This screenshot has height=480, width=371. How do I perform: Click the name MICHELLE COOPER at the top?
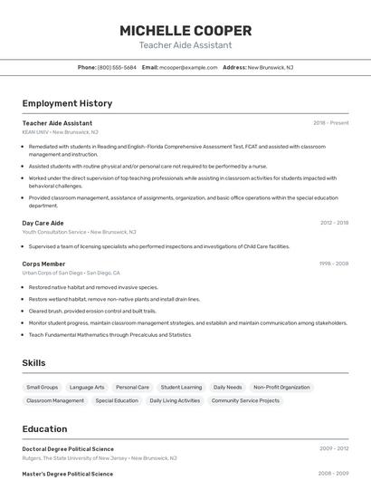[x=185, y=30]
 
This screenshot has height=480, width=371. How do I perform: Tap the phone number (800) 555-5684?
[x=117, y=67]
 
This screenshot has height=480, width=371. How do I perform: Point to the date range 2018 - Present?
[x=330, y=122]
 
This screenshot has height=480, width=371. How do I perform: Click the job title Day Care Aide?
[x=43, y=222]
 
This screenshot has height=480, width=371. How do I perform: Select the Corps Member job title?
[x=43, y=264]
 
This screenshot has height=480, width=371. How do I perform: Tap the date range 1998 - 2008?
[x=333, y=264]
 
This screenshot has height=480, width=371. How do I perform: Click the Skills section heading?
[x=34, y=363]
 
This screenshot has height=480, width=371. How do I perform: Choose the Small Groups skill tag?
[x=43, y=387]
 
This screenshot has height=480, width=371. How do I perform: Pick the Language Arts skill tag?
[x=87, y=387]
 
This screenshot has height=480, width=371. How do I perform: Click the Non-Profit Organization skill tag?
[x=281, y=387]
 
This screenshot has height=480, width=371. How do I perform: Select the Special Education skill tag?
[x=117, y=400]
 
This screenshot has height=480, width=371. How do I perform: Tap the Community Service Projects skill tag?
[x=245, y=400]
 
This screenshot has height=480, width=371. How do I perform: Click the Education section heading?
[x=44, y=429]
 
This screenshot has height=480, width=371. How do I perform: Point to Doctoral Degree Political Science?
[x=68, y=448]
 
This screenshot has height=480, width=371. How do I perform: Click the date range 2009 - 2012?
[x=333, y=448]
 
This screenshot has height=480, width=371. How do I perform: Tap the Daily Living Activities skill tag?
[x=175, y=400]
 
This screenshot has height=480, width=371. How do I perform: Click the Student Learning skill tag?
[x=181, y=387]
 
